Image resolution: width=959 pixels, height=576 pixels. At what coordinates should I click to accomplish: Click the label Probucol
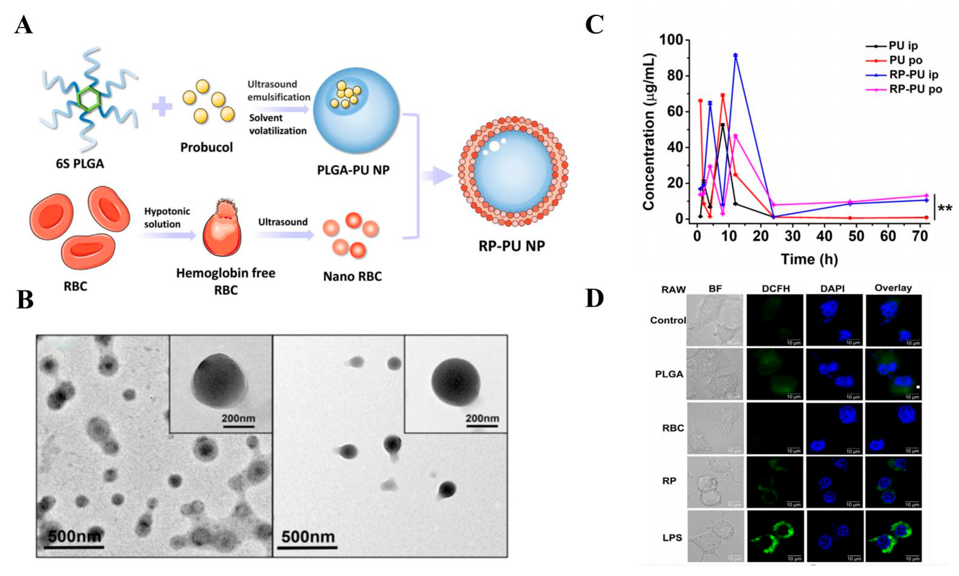pos(206,148)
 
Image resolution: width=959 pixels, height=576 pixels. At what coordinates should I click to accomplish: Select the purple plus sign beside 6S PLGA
pos(162,106)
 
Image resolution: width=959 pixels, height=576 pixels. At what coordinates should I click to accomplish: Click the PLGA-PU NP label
pos(353,170)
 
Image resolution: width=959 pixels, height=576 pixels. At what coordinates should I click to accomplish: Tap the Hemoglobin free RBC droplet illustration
pos(222,233)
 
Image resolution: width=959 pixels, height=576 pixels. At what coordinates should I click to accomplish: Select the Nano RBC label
pos(352,276)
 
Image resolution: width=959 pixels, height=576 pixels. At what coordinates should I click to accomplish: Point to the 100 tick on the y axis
pos(674,40)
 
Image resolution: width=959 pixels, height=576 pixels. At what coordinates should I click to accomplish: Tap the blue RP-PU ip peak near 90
pos(735,55)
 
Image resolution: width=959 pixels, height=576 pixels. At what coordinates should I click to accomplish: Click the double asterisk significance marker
pos(945,208)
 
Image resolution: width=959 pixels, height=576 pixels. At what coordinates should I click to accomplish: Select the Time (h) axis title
pos(809,259)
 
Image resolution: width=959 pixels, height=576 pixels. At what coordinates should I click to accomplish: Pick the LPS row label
pos(672,538)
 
